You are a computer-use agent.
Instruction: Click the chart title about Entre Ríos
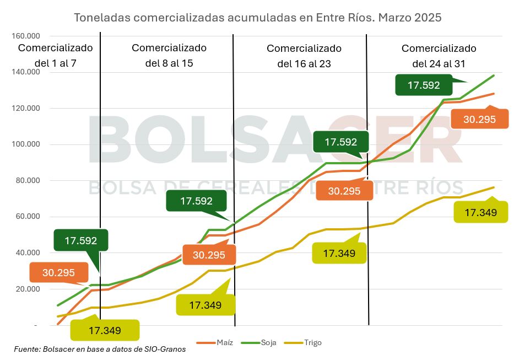[258, 18]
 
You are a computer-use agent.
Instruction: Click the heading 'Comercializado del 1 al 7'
[55, 55]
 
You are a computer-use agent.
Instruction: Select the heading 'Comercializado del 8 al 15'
[169, 55]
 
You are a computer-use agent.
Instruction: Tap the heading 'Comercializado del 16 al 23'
[304, 56]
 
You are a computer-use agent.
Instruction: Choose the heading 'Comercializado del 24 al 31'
[439, 56]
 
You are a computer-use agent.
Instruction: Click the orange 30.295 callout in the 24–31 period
[479, 119]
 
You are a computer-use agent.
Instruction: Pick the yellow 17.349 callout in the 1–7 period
[104, 331]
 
